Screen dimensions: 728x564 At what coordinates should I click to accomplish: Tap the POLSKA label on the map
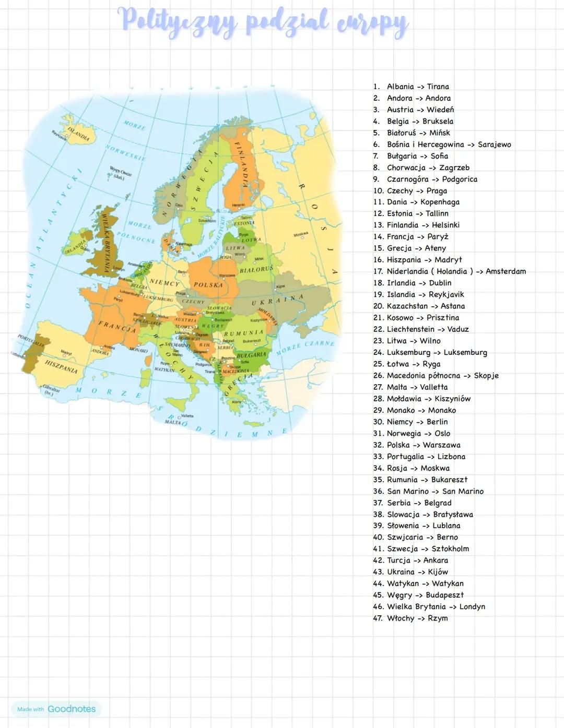click(x=208, y=285)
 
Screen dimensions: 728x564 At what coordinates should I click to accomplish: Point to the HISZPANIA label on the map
click(x=61, y=367)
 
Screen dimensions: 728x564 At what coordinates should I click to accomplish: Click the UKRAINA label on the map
click(x=277, y=300)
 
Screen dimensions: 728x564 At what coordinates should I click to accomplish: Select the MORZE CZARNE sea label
click(x=305, y=348)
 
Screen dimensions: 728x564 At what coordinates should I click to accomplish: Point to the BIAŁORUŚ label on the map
click(x=256, y=269)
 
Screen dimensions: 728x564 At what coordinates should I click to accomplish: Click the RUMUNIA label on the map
click(x=243, y=333)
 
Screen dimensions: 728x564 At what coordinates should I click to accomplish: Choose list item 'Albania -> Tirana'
click(x=418, y=87)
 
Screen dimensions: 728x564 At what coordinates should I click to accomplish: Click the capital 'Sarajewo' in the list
click(x=494, y=145)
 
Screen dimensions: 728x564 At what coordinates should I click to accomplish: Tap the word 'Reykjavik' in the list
click(x=446, y=294)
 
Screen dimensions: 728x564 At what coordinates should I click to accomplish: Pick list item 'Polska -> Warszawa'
click(x=424, y=445)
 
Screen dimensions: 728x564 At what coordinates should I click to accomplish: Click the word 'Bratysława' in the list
click(x=453, y=515)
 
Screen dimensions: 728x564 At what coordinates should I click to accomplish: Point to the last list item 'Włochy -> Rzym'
click(x=417, y=618)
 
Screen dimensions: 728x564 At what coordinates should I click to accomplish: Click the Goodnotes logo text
click(x=72, y=709)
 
